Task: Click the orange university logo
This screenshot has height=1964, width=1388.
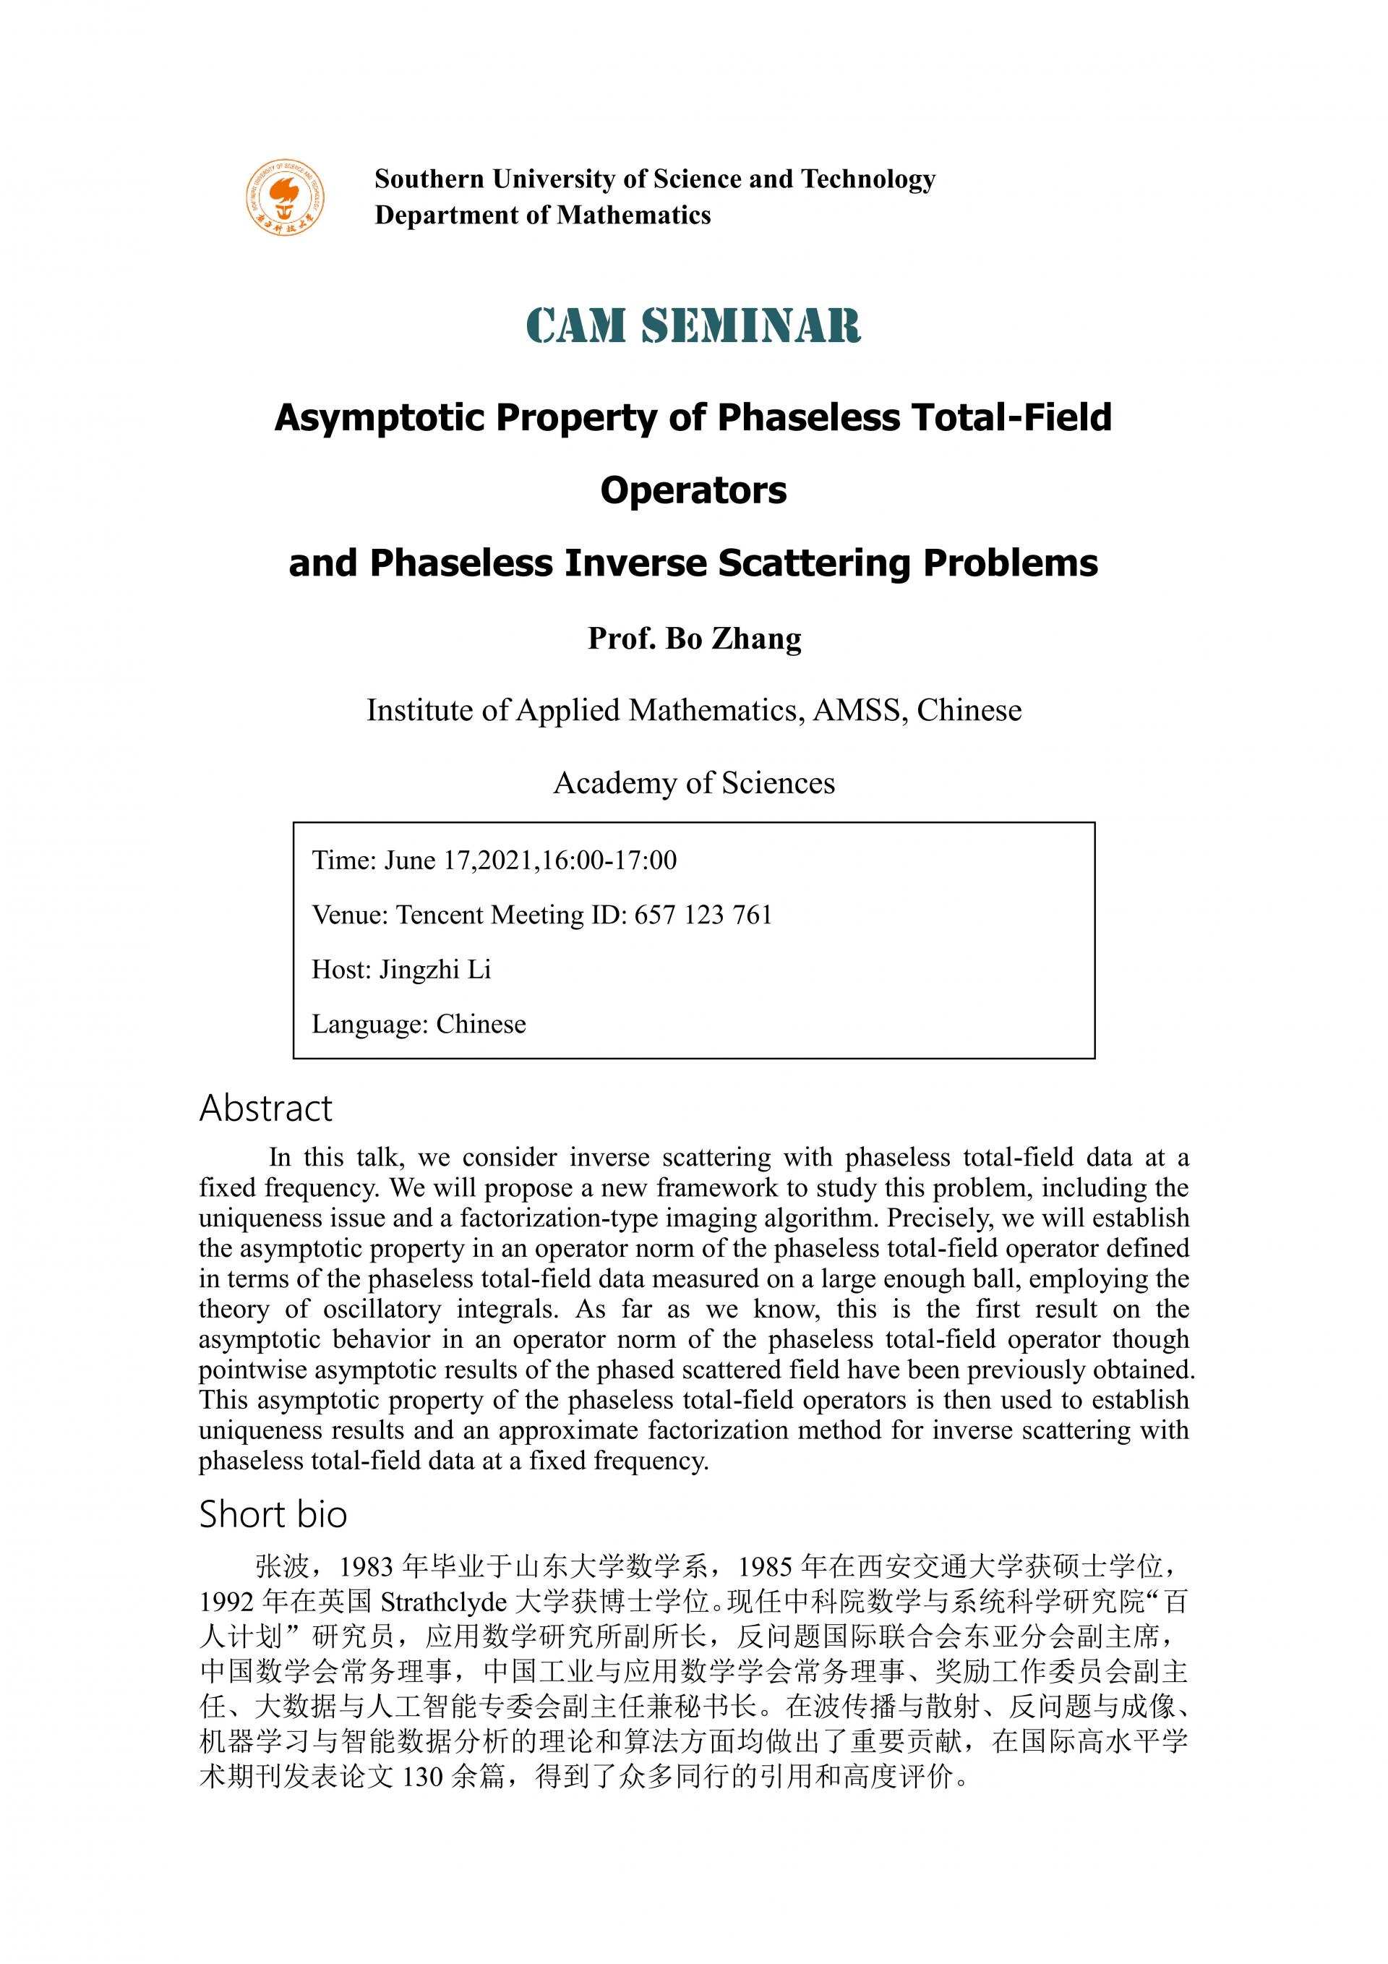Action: (x=286, y=197)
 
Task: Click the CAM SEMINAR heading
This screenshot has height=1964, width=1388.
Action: (x=693, y=326)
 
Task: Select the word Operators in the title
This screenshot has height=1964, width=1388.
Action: (x=693, y=491)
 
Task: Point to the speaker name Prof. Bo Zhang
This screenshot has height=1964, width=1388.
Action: (x=693, y=639)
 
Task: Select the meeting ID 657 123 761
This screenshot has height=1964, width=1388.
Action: (x=703, y=915)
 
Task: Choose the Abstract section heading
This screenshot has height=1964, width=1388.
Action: (x=265, y=1109)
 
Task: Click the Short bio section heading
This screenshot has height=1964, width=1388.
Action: (x=273, y=1515)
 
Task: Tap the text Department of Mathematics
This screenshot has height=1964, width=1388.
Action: (x=542, y=215)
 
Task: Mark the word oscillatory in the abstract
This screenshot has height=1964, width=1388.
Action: (x=382, y=1310)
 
